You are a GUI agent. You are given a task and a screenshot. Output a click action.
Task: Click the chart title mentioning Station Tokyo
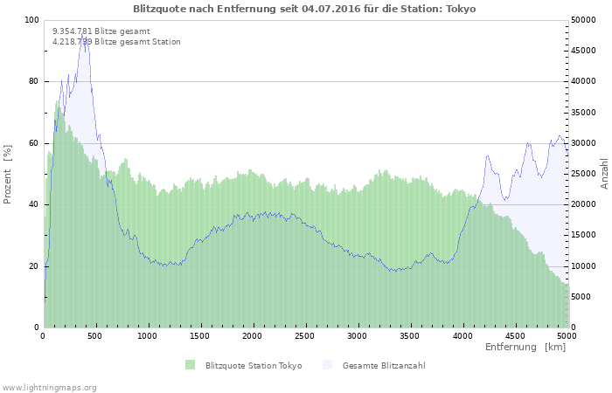click(305, 8)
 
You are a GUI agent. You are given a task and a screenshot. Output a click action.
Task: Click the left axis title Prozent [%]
click(8, 174)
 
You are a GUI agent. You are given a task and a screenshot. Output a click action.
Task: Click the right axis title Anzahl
click(604, 174)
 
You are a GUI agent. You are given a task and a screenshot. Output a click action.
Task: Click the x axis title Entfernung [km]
click(525, 347)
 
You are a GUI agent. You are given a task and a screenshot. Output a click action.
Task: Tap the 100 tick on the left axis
click(31, 20)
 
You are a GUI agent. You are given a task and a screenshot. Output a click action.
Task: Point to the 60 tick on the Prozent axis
click(34, 143)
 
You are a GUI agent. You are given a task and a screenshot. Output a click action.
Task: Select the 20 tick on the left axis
click(34, 266)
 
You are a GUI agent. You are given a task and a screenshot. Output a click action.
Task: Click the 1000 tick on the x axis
click(148, 335)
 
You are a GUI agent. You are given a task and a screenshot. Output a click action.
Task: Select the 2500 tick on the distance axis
click(305, 335)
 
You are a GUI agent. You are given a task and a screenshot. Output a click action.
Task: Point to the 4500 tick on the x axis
click(514, 335)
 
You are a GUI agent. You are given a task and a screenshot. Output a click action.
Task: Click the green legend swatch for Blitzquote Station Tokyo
click(191, 365)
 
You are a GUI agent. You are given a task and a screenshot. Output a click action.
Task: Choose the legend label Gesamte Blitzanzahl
click(384, 365)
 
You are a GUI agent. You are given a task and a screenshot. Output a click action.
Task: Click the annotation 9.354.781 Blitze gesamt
click(101, 31)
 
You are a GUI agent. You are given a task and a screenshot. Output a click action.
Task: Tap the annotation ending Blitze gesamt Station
click(116, 41)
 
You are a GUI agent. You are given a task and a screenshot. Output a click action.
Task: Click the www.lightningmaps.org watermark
click(49, 387)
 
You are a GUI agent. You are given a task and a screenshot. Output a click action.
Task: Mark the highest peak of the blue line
click(85, 36)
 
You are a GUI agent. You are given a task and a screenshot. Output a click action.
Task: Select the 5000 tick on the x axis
click(567, 335)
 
